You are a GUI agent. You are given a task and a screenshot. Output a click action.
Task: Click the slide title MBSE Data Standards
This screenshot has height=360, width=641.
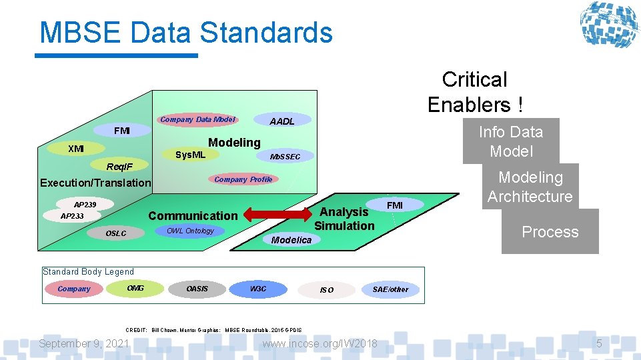[185, 32]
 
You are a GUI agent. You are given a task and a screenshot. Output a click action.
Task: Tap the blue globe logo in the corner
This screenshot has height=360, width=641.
[608, 25]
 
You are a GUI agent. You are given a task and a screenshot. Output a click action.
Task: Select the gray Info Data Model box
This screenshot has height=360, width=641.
[511, 141]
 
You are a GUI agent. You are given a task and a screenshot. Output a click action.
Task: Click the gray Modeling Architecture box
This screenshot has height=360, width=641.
[530, 187]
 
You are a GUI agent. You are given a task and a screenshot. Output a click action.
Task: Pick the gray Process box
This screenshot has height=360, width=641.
[550, 232]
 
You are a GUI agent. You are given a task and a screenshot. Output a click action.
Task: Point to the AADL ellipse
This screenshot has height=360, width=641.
[281, 121]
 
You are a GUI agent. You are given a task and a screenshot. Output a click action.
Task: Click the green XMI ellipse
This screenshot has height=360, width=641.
[75, 149]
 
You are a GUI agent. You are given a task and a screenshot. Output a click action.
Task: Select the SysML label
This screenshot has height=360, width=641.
[190, 155]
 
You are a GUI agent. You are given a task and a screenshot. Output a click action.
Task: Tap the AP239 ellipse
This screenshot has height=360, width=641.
[85, 205]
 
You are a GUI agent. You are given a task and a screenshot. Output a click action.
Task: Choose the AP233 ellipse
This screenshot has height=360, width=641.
[72, 216]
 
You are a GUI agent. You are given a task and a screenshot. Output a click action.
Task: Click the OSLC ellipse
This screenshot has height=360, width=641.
[116, 233]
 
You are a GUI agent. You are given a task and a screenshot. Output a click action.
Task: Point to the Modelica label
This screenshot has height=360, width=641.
[291, 240]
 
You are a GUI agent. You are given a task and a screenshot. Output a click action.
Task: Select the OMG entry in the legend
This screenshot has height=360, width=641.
[135, 288]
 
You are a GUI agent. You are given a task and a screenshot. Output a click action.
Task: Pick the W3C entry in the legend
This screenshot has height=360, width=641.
[257, 289]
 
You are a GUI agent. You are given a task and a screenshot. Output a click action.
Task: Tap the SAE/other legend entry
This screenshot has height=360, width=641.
[390, 289]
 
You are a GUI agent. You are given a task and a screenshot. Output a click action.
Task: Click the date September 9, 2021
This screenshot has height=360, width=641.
[84, 343]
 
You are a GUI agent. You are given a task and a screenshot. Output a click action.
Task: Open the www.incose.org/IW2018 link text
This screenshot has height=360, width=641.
[319, 343]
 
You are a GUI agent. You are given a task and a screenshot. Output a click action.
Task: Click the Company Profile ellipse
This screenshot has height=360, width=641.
[243, 179]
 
